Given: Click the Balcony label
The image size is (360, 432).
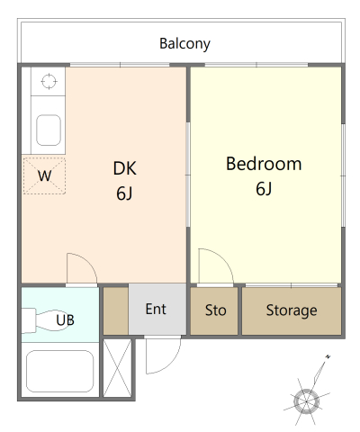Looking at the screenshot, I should click(x=184, y=43).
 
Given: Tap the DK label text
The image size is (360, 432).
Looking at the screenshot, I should click(x=124, y=168).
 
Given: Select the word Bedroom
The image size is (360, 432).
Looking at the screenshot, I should click(x=264, y=165).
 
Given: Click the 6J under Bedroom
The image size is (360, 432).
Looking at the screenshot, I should click(x=264, y=189).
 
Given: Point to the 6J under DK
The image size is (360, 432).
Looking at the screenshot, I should click(x=124, y=192).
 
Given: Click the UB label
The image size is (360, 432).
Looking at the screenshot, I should click(x=66, y=319).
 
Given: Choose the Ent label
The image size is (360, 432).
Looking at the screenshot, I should click(x=156, y=310).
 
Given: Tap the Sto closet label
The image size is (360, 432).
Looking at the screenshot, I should click(x=216, y=310).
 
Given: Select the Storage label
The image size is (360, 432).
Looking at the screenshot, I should click(x=292, y=310).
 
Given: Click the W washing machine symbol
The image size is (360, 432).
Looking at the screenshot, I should click(x=45, y=175).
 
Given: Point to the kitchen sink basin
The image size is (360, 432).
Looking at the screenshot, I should click(x=48, y=130).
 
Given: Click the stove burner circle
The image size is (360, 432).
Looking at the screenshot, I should click(x=48, y=82).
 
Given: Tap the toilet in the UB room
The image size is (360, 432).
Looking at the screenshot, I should click(x=40, y=319).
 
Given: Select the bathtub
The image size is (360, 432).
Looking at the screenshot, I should click(x=61, y=373).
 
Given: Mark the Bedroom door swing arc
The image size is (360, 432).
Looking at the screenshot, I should click(x=211, y=266).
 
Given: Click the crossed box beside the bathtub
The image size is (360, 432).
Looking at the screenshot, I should click(x=117, y=369).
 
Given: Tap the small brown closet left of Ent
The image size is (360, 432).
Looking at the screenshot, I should click(x=115, y=310).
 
